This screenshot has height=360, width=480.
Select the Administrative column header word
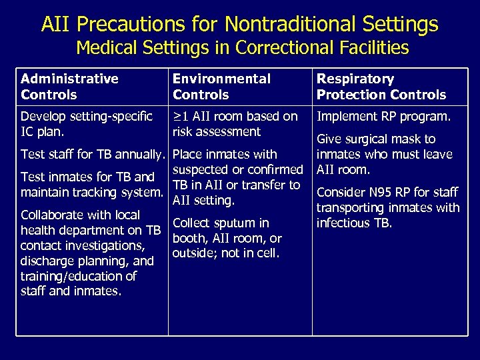69,79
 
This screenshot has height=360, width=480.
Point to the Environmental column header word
221,79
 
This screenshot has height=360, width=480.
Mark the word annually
140,155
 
